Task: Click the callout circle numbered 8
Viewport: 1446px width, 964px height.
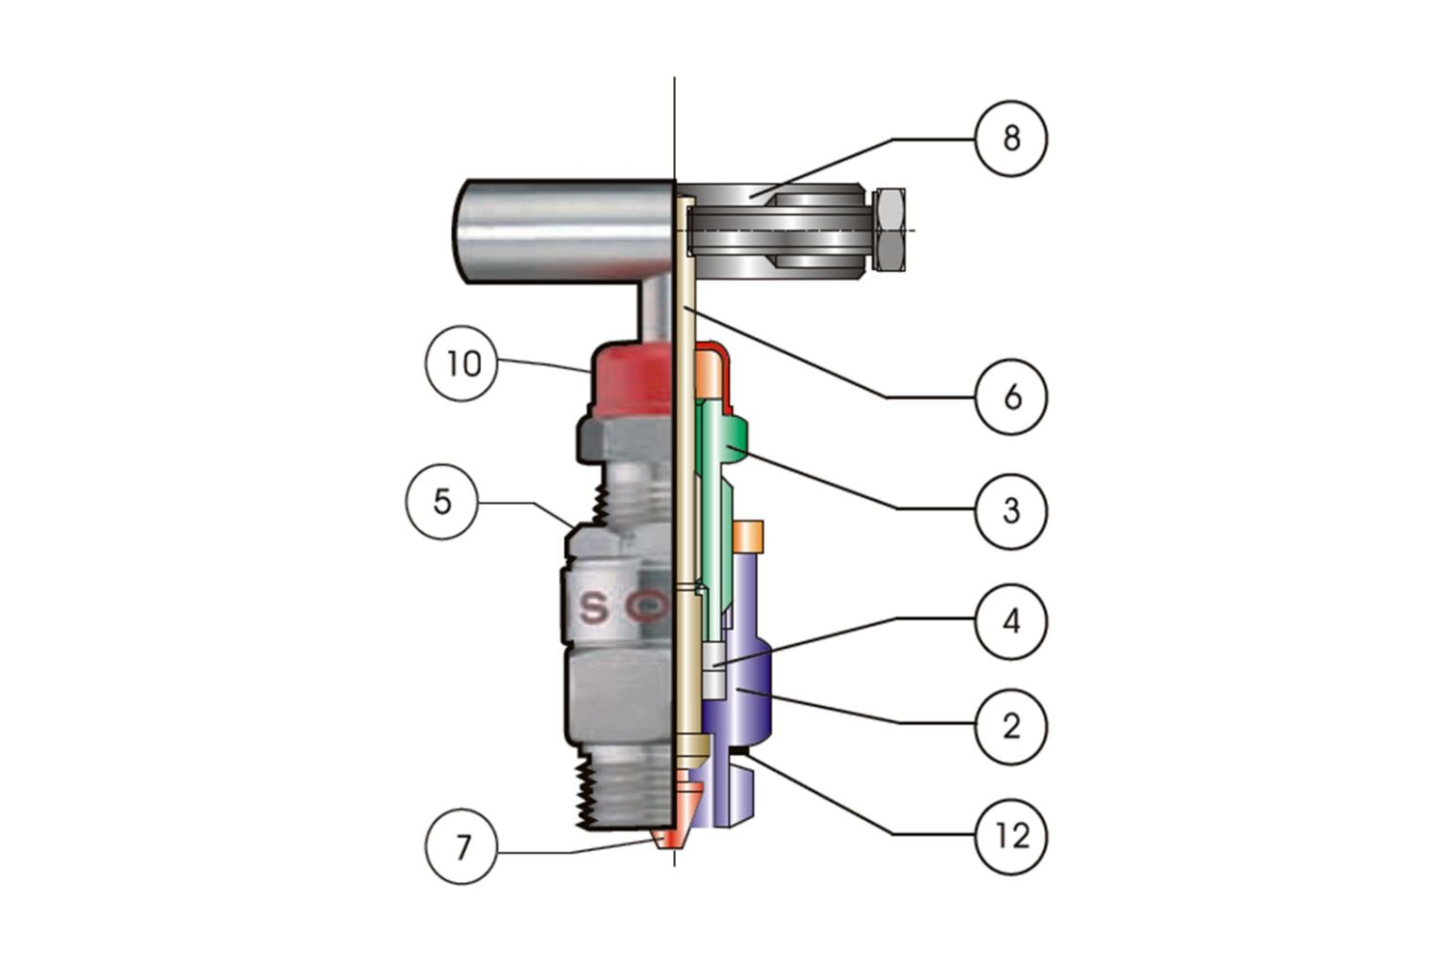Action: (x=1011, y=139)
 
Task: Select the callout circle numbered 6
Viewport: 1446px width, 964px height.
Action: (x=1011, y=397)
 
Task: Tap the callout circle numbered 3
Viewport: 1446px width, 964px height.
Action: (x=1011, y=510)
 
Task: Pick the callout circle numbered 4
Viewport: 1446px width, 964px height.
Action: (x=1011, y=620)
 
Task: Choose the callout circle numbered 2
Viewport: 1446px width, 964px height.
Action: (x=1011, y=726)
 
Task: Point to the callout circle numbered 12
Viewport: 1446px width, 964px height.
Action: (x=1011, y=836)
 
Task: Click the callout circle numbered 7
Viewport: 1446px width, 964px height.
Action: (x=461, y=848)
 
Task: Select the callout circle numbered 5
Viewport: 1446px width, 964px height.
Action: (x=442, y=502)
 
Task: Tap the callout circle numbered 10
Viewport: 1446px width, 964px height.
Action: (x=462, y=363)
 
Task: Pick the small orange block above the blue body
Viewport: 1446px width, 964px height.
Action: (x=749, y=534)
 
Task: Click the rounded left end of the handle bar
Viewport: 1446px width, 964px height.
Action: (x=471, y=231)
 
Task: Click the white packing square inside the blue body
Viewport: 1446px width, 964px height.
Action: (x=713, y=670)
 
